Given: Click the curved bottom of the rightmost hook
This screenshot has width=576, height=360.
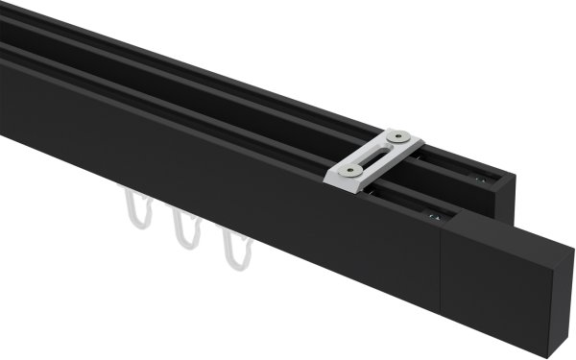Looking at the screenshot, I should point(234,262).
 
